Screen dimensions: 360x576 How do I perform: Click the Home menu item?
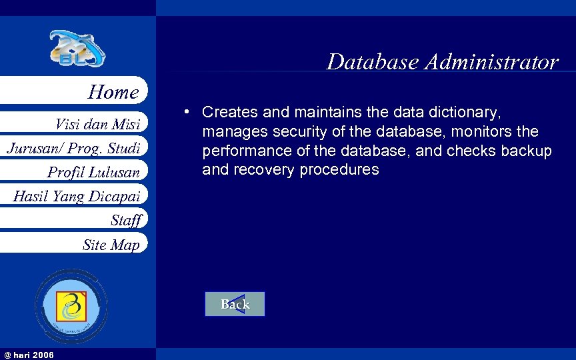click(x=113, y=92)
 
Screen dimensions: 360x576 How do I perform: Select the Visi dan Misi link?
click(x=97, y=123)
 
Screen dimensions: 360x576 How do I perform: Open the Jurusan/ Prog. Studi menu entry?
click(x=73, y=147)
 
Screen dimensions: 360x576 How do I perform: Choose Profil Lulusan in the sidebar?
click(x=93, y=172)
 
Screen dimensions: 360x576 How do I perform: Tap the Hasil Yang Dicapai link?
click(x=76, y=196)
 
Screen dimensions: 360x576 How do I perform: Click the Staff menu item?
click(x=126, y=220)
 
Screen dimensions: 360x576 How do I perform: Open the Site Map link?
click(x=111, y=245)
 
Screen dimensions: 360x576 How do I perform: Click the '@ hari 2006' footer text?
click(x=28, y=354)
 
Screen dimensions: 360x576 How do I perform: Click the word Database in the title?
click(x=372, y=62)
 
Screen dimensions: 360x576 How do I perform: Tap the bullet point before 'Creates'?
click(x=190, y=111)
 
